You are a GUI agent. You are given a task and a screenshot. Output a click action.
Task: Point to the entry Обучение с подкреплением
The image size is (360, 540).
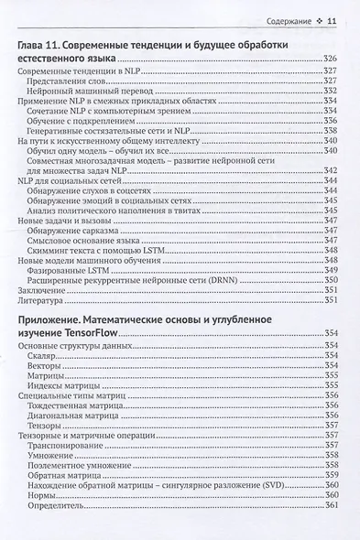90,120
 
